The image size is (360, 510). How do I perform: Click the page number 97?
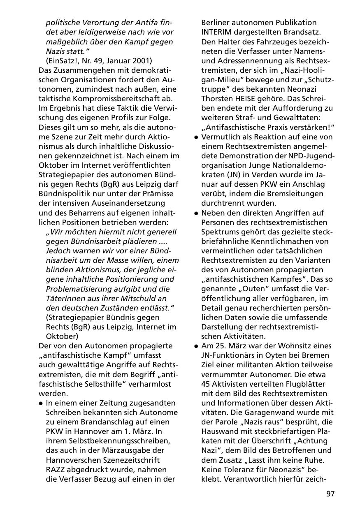[330, 494]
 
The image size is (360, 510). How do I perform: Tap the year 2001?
[142, 61]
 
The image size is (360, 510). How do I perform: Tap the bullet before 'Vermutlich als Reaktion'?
[197, 137]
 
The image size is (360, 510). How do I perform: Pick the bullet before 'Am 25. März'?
[197, 346]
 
